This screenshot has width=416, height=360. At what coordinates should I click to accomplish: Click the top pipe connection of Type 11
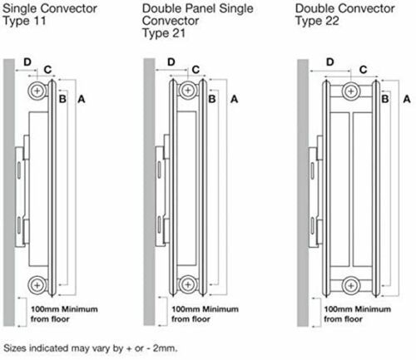pos(37,91)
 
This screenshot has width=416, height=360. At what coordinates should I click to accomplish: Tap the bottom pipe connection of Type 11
pos(37,285)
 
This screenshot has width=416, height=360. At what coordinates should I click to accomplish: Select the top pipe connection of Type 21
pos(188,91)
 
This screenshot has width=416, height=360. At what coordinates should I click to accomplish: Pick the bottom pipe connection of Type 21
pos(188,284)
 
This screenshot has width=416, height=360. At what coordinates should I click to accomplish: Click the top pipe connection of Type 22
pos(351,91)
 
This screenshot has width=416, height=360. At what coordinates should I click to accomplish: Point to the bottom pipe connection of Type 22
pos(351,285)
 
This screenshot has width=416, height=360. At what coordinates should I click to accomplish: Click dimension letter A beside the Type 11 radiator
pos(82,99)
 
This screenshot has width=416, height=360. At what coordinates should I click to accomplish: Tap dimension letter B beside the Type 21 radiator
pos(212,99)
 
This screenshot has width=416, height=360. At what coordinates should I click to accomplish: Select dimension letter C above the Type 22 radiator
pos(363,70)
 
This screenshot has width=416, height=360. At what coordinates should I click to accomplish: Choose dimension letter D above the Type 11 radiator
pos(27,62)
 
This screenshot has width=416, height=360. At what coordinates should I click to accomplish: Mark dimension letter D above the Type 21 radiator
pos(171,62)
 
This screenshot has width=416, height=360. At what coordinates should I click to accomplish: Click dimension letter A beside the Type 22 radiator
pos(407,99)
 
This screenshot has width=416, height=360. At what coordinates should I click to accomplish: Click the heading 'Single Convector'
pos(50,8)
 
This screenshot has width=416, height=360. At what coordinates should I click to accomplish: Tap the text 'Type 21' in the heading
pos(164,33)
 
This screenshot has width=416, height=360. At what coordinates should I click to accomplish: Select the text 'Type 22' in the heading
pos(317,21)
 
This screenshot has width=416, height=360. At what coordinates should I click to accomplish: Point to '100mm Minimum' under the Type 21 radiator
pos(205,309)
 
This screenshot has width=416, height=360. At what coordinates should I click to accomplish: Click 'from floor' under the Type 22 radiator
pos(344,319)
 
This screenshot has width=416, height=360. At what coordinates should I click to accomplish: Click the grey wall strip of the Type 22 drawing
pos(303,193)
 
